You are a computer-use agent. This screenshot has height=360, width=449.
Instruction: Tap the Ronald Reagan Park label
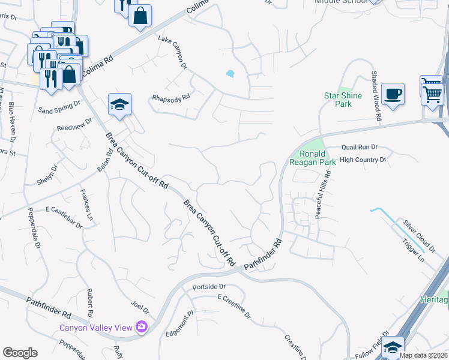point(312,157)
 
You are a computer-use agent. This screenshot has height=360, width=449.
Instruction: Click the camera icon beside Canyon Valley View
point(142,327)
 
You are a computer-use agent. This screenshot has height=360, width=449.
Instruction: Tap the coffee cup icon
point(393,94)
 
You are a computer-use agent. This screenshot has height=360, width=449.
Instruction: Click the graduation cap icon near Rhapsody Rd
point(119,104)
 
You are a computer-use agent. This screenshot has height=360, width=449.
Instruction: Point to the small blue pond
point(231,74)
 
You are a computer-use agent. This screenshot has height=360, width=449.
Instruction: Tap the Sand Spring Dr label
point(59,107)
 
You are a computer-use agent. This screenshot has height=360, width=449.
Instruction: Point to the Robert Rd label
point(89,304)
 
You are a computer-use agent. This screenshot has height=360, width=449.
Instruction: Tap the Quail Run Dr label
point(359,146)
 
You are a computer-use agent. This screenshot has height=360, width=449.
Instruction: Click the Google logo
point(20,352)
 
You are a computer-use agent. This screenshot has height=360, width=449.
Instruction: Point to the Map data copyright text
point(423,355)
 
